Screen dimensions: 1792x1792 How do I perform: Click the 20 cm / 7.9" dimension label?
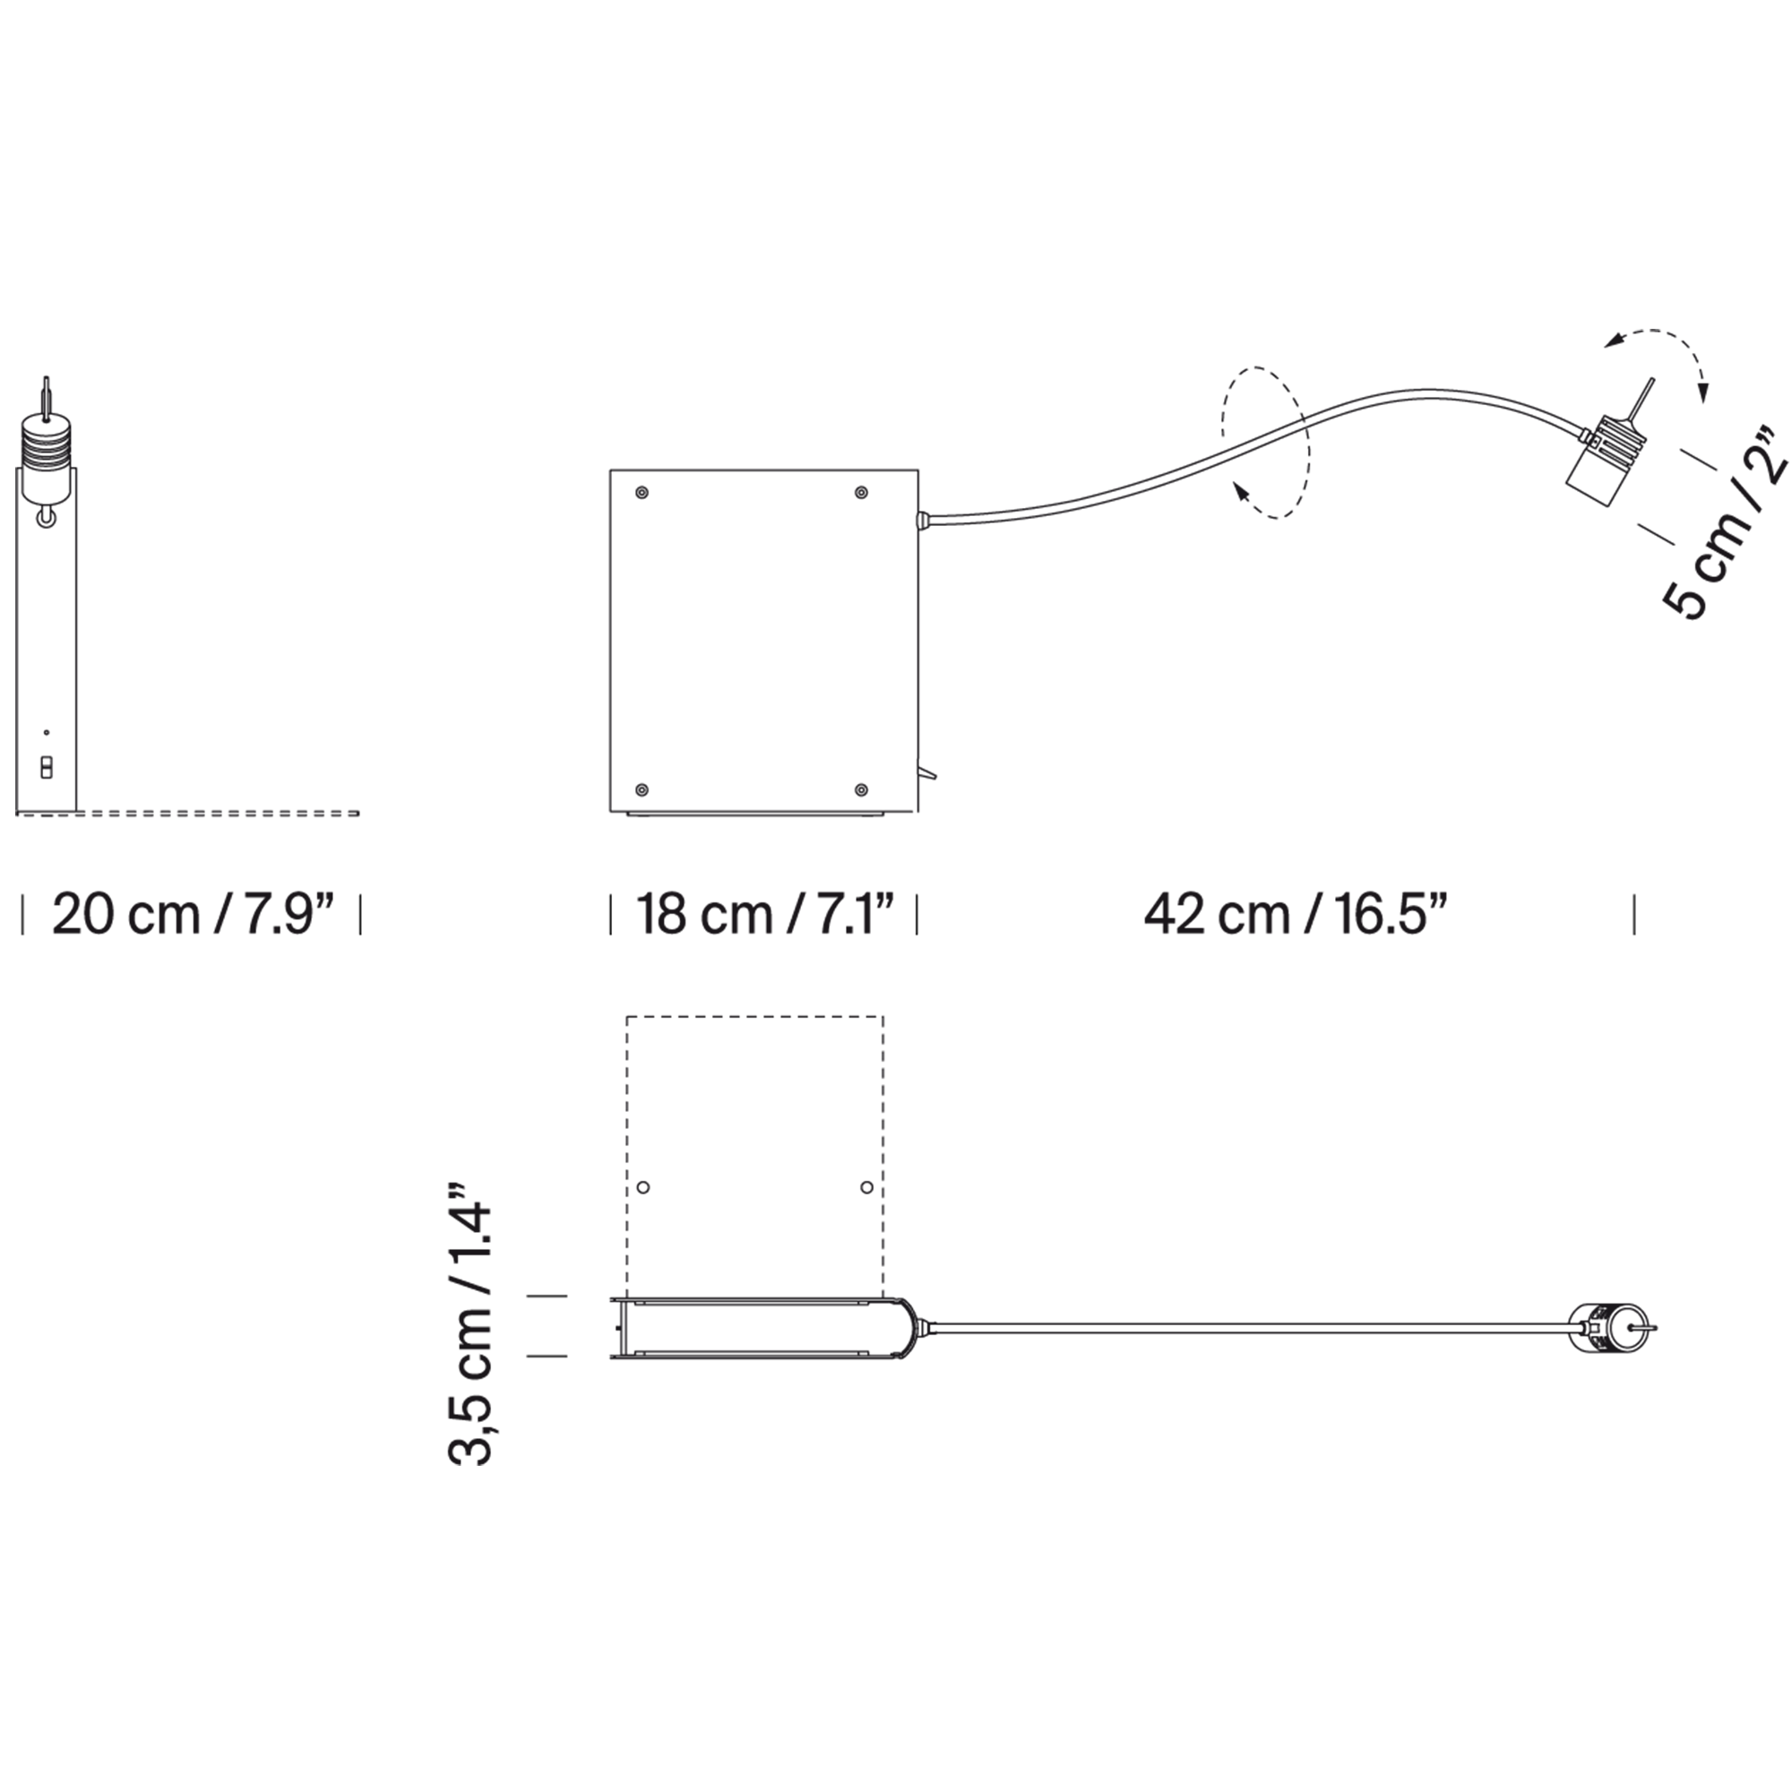pyautogui.click(x=192, y=915)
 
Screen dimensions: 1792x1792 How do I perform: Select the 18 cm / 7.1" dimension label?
pyautogui.click(x=764, y=915)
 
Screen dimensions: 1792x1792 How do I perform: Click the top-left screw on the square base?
pyautogui.click(x=641, y=493)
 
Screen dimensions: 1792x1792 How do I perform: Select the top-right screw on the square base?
pyautogui.click(x=861, y=493)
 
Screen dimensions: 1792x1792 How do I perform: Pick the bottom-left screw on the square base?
pyautogui.click(x=641, y=789)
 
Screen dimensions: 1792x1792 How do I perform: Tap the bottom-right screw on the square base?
pyautogui.click(x=861, y=789)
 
